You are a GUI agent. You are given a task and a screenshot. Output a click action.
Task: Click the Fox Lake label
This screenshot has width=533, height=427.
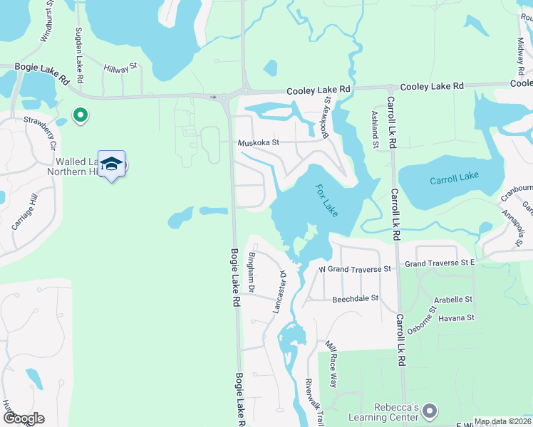pyautogui.click(x=326, y=201)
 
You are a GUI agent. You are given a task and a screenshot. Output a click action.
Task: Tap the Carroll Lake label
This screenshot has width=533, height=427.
pyautogui.click(x=456, y=180)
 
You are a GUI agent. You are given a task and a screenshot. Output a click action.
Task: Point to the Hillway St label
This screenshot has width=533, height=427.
pyautogui.click(x=119, y=69)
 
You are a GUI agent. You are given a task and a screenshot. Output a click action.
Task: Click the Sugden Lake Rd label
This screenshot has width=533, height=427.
pyautogui.click(x=79, y=56)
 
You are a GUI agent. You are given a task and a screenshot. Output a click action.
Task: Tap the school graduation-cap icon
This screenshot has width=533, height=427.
pyautogui.click(x=111, y=164)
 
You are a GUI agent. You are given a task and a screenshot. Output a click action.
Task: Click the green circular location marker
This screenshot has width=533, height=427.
pyautogui.click(x=81, y=114)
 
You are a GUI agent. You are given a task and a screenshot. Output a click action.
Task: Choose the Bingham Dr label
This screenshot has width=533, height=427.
pyautogui.click(x=251, y=271)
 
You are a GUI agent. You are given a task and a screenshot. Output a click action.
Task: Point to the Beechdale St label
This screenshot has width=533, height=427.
pyautogui.click(x=354, y=300)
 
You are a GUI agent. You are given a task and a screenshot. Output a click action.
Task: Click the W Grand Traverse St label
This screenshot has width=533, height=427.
pyautogui.click(x=355, y=269)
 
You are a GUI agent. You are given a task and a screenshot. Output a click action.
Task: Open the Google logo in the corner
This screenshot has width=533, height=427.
pyautogui.click(x=24, y=418)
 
